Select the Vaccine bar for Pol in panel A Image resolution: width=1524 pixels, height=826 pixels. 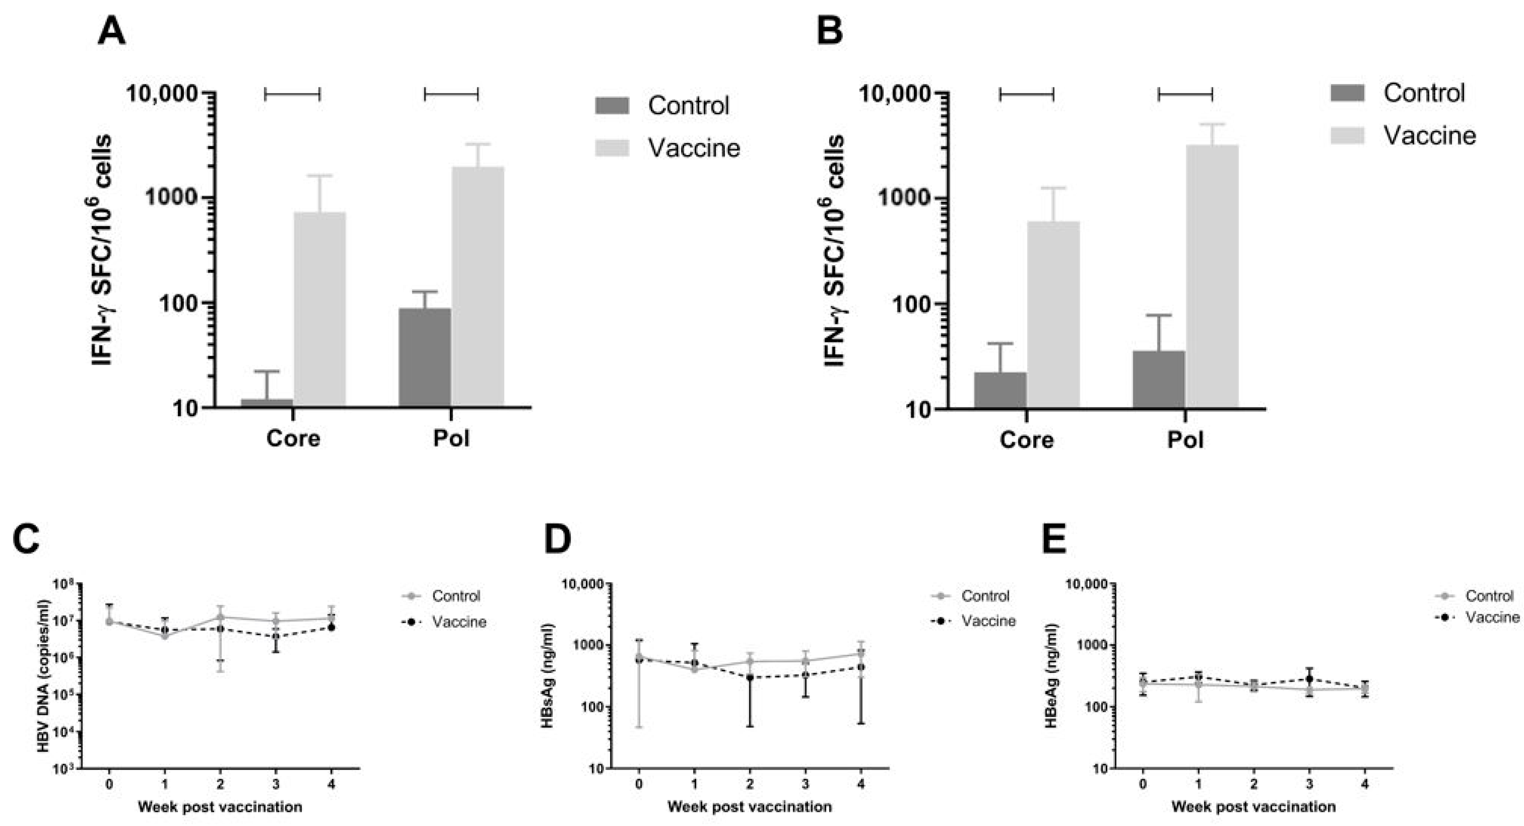478,287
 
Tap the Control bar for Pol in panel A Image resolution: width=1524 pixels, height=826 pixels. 425,357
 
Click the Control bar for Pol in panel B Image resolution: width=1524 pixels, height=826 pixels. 1159,379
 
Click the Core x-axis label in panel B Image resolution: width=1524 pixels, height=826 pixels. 1026,440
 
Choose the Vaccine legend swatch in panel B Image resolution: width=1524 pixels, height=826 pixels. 1347,136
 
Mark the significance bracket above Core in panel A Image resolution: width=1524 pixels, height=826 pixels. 292,93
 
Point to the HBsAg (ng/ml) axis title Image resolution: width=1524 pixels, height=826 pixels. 547,675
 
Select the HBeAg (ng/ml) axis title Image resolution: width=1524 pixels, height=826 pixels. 1051,675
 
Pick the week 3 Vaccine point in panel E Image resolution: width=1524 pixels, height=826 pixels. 1309,679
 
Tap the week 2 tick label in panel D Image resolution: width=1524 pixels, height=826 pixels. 750,785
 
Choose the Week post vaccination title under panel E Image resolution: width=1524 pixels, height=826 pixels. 1253,807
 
